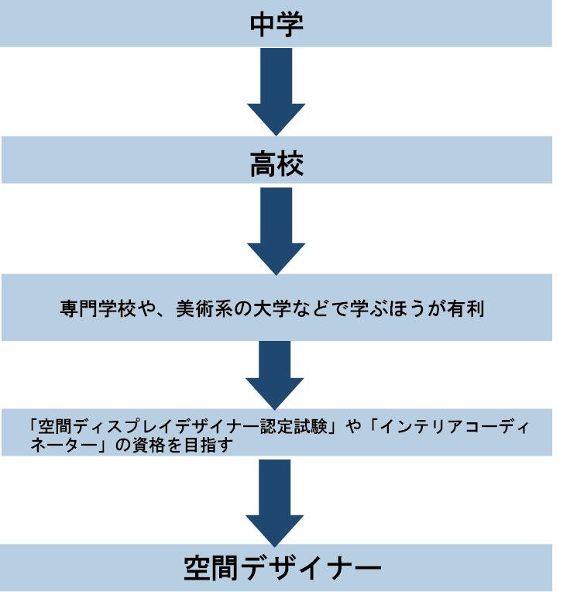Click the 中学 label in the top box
point(276,23)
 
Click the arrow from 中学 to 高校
point(276,89)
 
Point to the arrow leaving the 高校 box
point(276,229)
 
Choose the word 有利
point(467,308)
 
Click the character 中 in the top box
point(263,23)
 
